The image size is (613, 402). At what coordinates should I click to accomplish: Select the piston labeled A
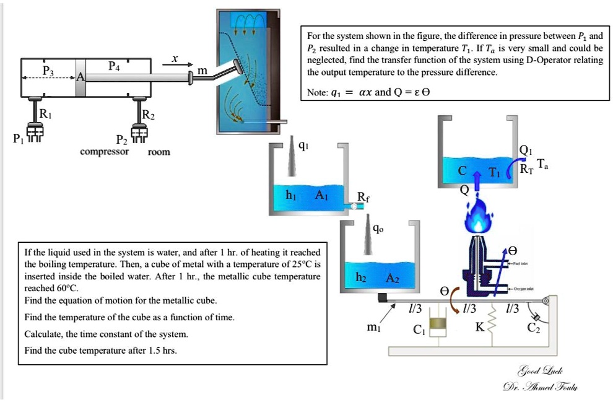pos(80,77)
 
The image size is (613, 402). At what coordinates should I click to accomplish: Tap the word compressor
pos(105,151)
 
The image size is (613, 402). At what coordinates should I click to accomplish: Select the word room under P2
pos(159,152)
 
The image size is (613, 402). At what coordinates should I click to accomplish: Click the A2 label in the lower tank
pos(393,279)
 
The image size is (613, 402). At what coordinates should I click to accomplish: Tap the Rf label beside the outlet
pos(363,198)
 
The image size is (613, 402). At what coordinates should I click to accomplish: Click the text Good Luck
pos(540,371)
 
